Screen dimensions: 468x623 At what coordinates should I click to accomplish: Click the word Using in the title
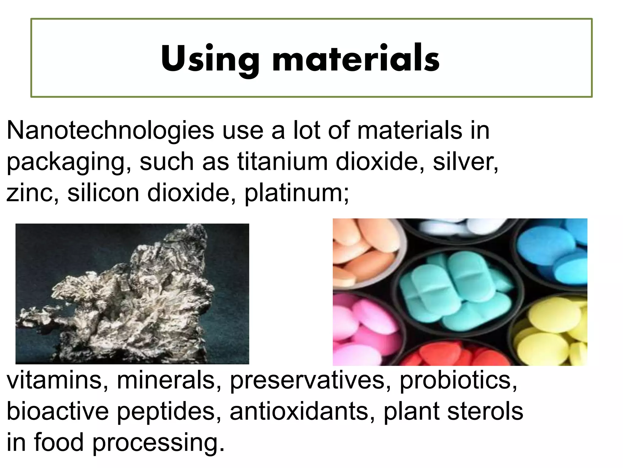point(210,58)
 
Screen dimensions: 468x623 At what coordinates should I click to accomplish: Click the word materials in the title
point(356,58)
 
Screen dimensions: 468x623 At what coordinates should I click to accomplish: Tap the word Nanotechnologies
point(110,131)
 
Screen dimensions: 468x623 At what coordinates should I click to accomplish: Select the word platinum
point(297,193)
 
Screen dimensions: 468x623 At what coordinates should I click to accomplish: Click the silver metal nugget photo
point(132,294)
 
